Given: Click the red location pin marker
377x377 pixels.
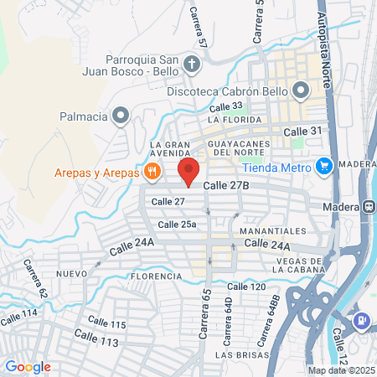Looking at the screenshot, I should pyautogui.click(x=188, y=173).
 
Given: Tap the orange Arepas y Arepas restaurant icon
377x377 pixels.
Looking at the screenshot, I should pyautogui.click(x=152, y=173).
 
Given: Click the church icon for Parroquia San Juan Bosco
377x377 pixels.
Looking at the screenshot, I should pyautogui.click(x=193, y=64).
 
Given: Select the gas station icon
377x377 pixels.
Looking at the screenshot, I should pyautogui.click(x=362, y=319).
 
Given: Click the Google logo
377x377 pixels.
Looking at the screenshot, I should pyautogui.click(x=28, y=367).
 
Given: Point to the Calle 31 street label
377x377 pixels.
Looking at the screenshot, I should pyautogui.click(x=302, y=132).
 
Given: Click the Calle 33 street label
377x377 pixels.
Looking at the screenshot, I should pyautogui.click(x=225, y=106).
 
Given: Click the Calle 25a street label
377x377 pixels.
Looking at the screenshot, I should pyautogui.click(x=177, y=224).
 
